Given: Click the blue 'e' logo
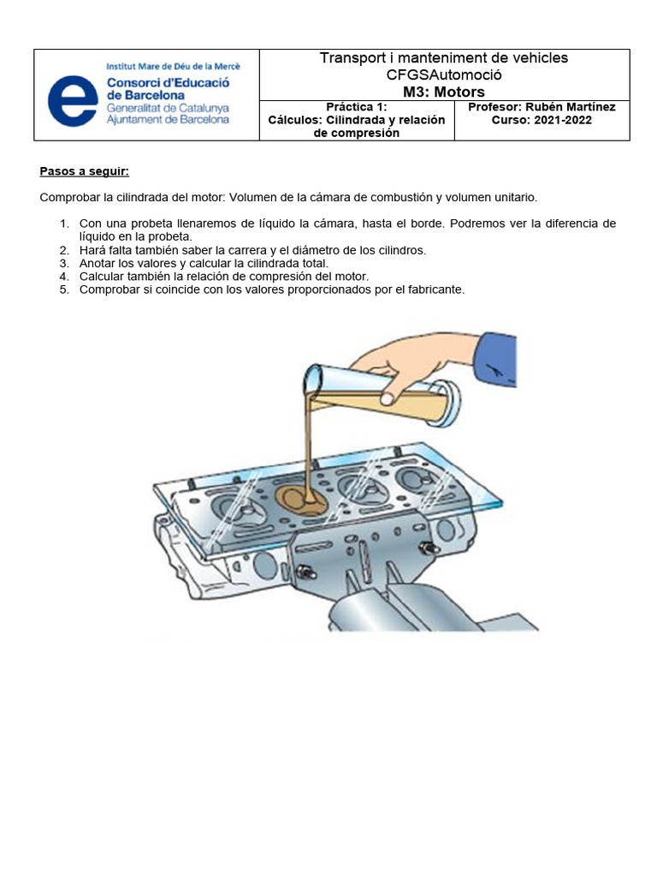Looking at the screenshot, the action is [x=73, y=101].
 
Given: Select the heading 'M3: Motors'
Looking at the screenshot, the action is [x=444, y=92].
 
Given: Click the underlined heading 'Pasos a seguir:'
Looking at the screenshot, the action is [x=85, y=171].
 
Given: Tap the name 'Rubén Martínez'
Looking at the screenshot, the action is [x=571, y=107].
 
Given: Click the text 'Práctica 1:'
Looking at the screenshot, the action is [x=357, y=107].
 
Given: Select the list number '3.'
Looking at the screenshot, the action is [x=65, y=264].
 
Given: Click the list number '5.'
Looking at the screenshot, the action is [x=65, y=289].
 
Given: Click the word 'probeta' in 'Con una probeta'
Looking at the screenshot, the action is [x=151, y=224].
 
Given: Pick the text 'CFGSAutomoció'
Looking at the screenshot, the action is [x=444, y=75].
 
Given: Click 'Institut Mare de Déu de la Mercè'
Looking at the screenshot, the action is [x=173, y=67].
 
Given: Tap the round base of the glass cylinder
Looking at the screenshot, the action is [x=447, y=403].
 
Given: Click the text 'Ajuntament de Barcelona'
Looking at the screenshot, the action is [x=168, y=120].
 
